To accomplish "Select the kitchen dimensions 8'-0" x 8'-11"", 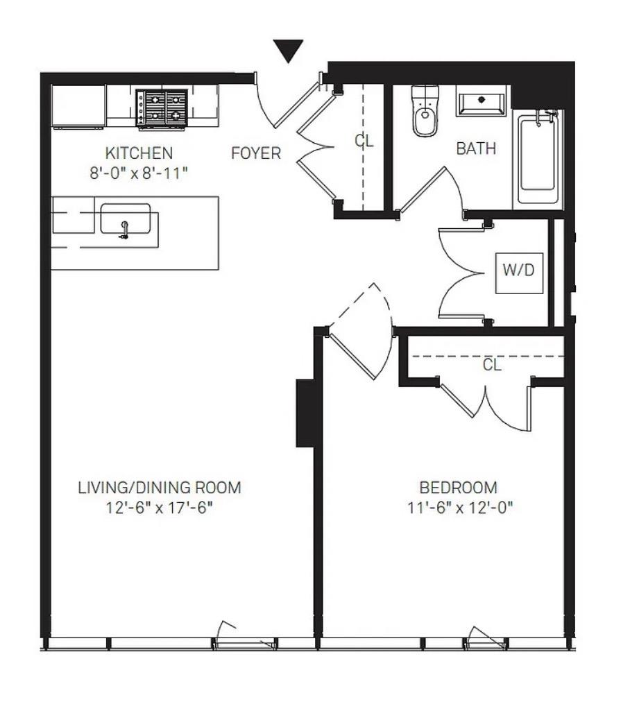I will coord(139,173).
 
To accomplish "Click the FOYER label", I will coord(256,153).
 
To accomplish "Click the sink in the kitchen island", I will coord(125,221).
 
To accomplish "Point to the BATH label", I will coord(476,148).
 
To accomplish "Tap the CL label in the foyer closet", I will coord(364,141).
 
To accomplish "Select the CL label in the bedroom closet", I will coord(492,365).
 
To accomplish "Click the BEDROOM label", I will coord(459,488).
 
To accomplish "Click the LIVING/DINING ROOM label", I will coord(160,488).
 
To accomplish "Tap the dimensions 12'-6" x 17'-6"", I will coord(160,508).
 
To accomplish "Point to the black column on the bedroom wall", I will coord(305,412).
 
